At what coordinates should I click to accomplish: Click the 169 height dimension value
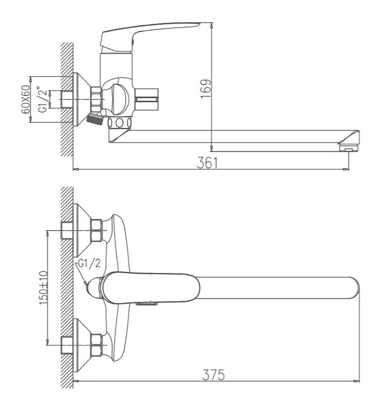(206, 89)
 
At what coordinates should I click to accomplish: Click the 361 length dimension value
(207, 163)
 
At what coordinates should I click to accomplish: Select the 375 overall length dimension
(213, 375)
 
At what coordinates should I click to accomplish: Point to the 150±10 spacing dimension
(43, 288)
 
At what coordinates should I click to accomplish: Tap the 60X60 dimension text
(25, 99)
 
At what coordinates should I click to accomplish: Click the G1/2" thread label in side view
(43, 100)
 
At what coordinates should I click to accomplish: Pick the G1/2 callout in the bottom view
(89, 264)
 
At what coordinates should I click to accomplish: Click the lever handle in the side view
(145, 36)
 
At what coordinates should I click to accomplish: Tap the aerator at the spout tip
(349, 149)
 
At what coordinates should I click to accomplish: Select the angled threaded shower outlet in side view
(95, 119)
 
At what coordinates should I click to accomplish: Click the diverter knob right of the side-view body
(146, 99)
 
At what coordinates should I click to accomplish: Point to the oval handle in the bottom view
(150, 288)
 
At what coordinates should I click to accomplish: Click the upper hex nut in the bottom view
(97, 230)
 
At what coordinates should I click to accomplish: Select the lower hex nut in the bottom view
(97, 345)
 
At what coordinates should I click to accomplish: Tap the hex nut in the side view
(96, 99)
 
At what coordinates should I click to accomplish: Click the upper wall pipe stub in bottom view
(67, 230)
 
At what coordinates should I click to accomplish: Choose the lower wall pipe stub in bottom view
(67, 345)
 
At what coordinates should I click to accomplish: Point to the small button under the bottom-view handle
(147, 304)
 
